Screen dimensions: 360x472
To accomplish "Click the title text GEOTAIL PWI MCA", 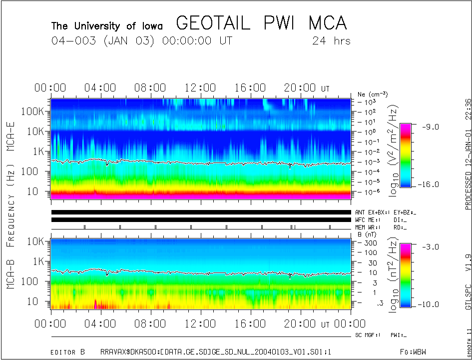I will pos(261,23).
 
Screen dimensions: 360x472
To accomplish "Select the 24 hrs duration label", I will pos(331,41).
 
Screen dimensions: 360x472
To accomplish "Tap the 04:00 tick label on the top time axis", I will pos(100,88).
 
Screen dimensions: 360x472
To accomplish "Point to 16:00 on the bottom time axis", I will pos(250,324).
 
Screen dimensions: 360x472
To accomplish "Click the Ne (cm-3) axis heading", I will pos(373,94).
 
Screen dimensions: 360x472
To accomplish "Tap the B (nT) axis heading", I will pos(366,234).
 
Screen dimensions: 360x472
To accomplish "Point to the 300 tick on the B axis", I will pos(370,242).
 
